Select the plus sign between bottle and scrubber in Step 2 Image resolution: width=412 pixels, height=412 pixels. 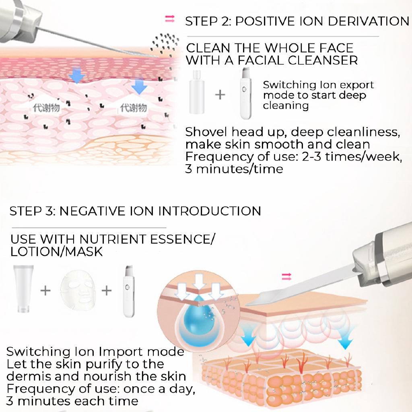(220, 95)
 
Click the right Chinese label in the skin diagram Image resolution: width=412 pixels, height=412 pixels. (134, 108)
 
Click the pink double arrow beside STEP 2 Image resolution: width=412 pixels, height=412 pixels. (170, 19)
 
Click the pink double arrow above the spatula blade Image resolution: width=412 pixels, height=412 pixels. (286, 276)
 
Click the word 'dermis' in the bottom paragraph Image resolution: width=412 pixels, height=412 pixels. (30, 377)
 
